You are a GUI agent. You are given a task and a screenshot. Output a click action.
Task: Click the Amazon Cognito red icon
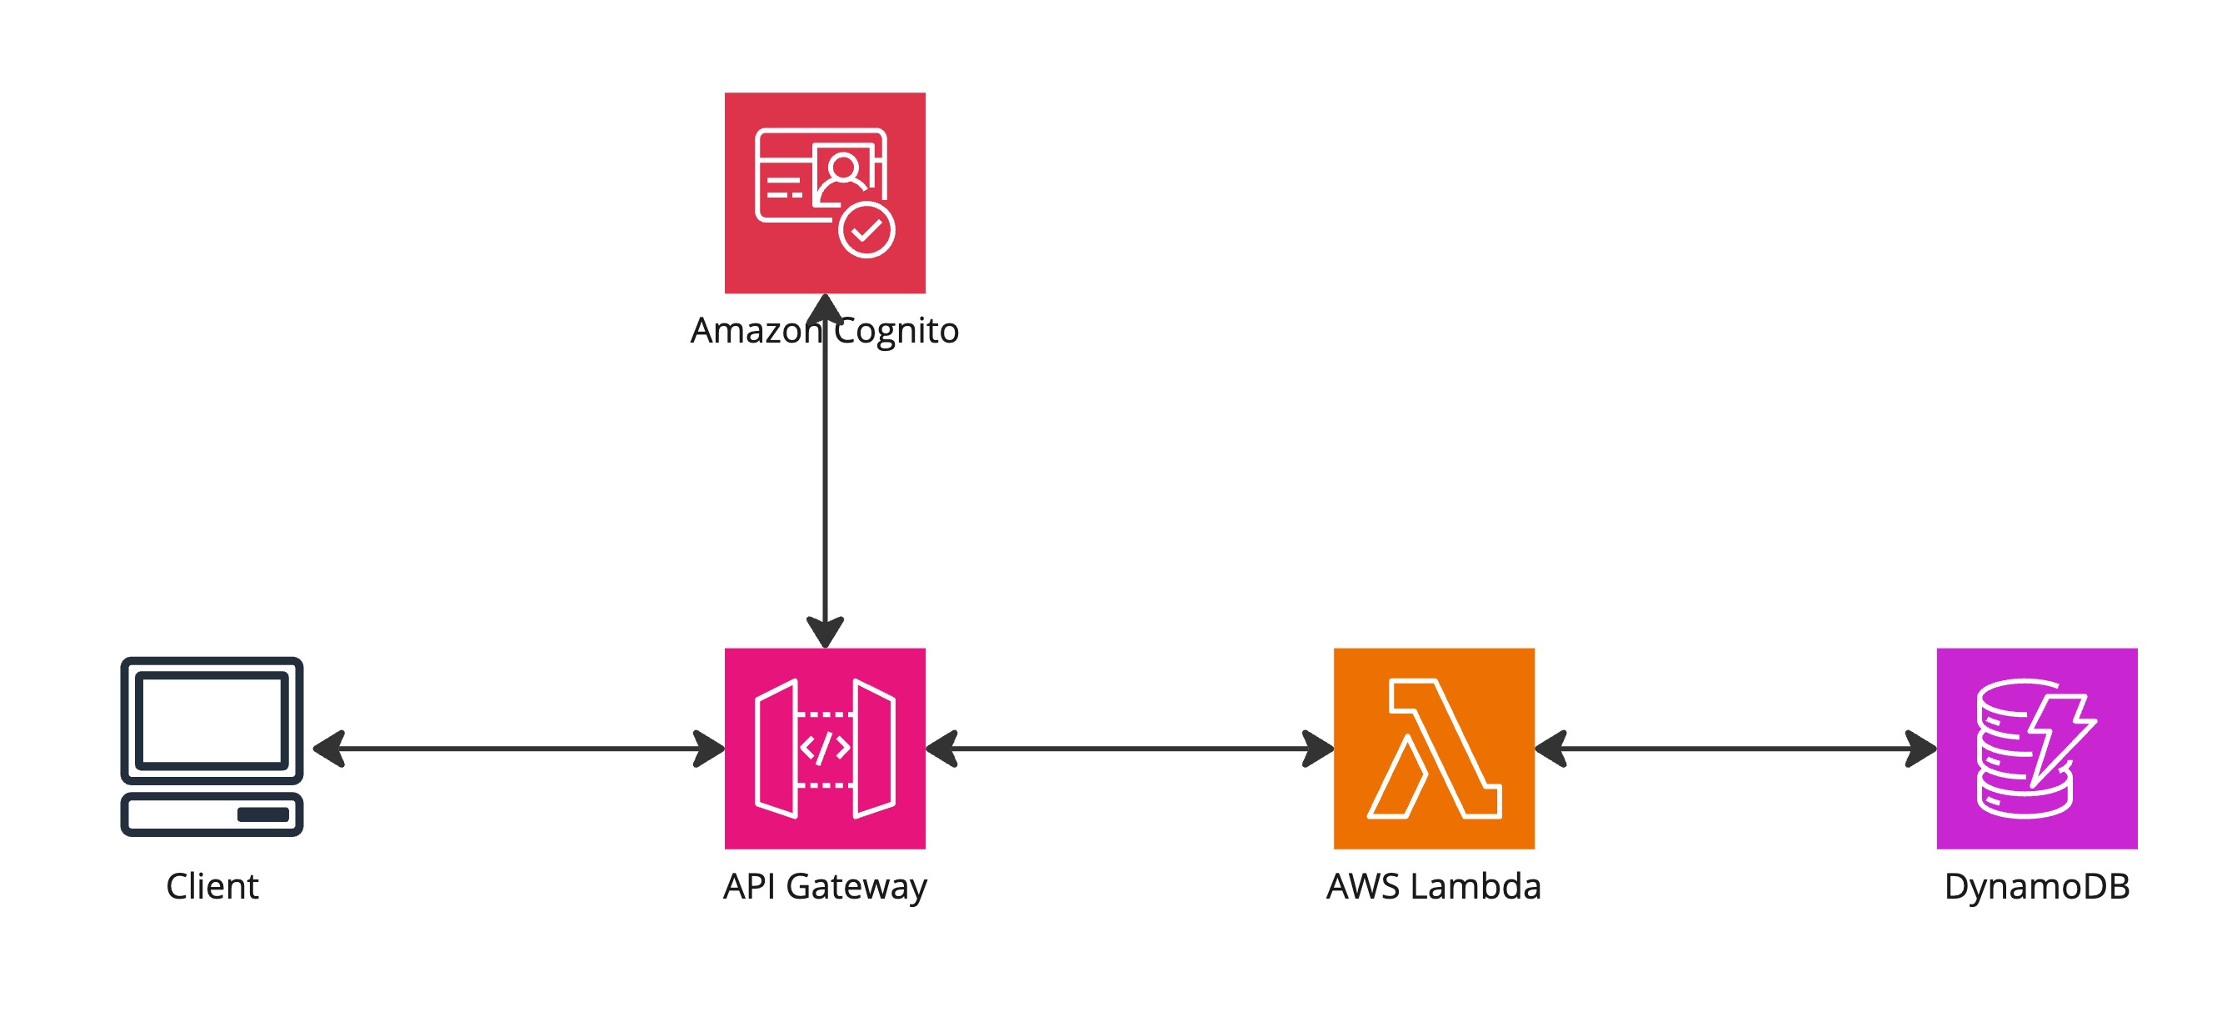tap(825, 193)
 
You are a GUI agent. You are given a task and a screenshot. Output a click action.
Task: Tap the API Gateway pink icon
tap(825, 748)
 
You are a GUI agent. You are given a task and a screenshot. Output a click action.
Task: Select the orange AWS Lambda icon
tap(1434, 748)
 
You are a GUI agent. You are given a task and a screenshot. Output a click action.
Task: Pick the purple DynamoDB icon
tap(2036, 748)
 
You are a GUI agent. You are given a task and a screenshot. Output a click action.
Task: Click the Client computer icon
tap(212, 746)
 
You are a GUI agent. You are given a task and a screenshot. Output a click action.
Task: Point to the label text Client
tap(212, 886)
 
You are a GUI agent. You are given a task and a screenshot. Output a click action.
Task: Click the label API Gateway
tap(825, 887)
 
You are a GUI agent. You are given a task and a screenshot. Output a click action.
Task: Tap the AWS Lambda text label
tap(1434, 886)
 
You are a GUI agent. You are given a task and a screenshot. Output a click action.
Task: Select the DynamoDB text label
tap(2036, 887)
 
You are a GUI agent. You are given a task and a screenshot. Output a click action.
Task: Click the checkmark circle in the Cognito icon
tap(867, 230)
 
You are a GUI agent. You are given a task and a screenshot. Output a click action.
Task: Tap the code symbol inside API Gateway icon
tap(825, 747)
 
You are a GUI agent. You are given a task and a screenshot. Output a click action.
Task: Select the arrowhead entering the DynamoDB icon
tap(1920, 748)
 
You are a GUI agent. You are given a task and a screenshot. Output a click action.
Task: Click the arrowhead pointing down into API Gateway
tap(825, 632)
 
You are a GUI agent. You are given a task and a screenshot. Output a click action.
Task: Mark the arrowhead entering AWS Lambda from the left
tap(1317, 748)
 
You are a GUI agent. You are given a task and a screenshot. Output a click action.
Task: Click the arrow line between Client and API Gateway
tap(518, 748)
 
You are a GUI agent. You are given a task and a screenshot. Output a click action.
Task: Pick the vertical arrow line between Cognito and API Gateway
tap(825, 471)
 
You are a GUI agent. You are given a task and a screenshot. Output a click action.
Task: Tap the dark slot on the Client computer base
tap(263, 814)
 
